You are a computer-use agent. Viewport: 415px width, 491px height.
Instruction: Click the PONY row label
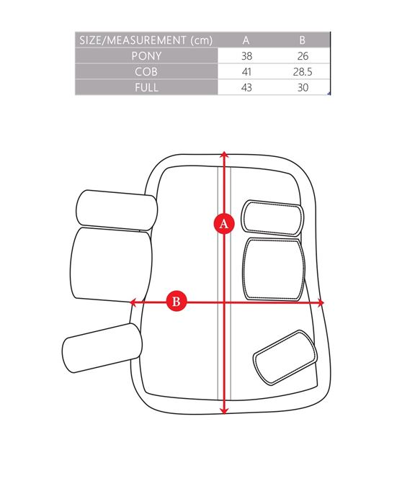click(x=146, y=55)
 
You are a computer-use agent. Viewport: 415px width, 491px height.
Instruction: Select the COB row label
click(x=146, y=72)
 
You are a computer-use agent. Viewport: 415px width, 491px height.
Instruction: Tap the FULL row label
click(x=146, y=87)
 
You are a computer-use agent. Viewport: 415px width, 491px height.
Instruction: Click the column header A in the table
click(x=246, y=40)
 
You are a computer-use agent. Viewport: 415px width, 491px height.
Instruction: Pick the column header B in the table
click(x=302, y=40)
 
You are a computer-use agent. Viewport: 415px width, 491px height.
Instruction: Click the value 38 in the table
click(x=246, y=55)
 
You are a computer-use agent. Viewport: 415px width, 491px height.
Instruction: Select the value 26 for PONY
click(x=303, y=55)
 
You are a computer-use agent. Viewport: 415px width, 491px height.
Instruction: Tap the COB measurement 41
click(x=246, y=72)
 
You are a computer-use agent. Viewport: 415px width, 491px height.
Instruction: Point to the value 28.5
click(x=303, y=72)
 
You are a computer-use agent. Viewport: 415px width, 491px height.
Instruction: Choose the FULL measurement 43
click(x=246, y=87)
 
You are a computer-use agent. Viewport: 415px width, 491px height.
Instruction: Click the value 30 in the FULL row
click(x=303, y=87)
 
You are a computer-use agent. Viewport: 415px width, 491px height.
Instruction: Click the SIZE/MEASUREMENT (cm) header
click(x=146, y=40)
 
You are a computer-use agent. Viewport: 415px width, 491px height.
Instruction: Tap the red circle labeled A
click(x=224, y=224)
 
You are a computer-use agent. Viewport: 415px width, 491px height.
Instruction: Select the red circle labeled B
click(x=176, y=301)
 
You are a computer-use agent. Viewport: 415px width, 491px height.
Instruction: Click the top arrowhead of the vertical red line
click(x=224, y=154)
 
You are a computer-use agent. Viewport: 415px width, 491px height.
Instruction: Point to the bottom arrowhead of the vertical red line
click(x=224, y=410)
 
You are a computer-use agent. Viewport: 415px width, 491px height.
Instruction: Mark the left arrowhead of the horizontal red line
click(x=133, y=302)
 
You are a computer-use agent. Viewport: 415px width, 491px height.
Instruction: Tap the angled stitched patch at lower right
click(x=285, y=357)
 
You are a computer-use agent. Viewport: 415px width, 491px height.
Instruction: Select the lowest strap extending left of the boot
click(x=102, y=348)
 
